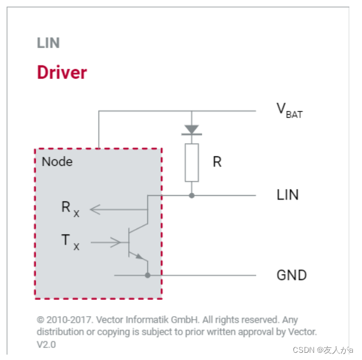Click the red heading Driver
[61, 73]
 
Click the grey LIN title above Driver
[48, 43]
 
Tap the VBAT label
[289, 110]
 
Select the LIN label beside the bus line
[287, 195]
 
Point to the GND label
[291, 276]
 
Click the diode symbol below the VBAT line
[192, 129]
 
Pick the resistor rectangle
[192, 162]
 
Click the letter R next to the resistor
[217, 162]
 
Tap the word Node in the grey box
[57, 162]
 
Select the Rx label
[70, 208]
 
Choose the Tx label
[70, 242]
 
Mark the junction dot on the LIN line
[192, 195]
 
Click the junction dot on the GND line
[147, 275]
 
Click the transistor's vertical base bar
[128, 243]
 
